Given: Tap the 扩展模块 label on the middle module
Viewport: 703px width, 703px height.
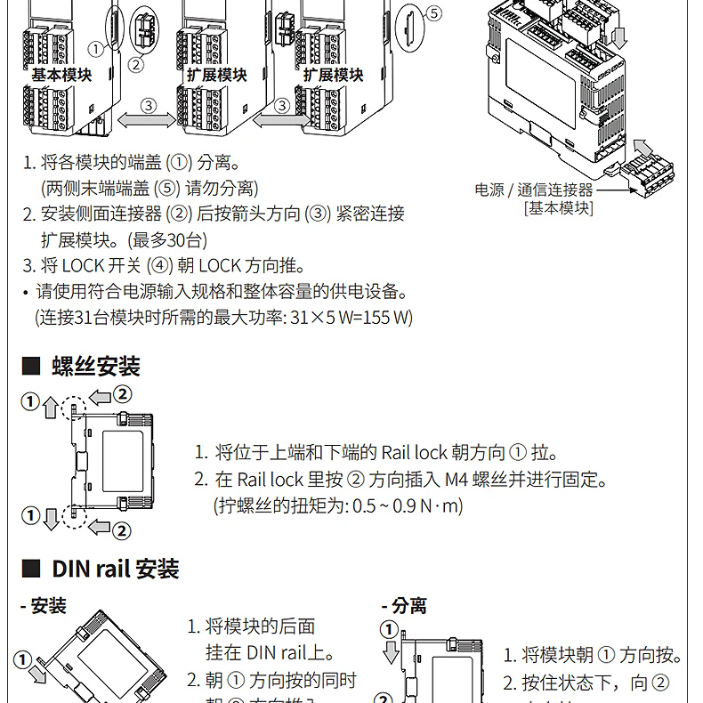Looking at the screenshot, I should [x=217, y=76].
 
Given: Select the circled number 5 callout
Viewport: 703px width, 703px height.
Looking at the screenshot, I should [x=433, y=13].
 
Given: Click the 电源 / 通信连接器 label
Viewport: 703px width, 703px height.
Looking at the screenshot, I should [x=533, y=190].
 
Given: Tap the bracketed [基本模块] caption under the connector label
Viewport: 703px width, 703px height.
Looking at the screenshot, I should [x=558, y=208].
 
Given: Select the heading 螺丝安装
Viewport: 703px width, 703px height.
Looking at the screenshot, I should [x=96, y=366].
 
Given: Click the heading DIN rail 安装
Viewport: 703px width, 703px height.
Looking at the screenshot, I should [x=116, y=568].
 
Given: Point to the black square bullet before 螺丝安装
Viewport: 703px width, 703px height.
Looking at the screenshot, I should [x=31, y=367].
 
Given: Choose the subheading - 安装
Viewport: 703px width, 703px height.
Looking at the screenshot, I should [x=44, y=606].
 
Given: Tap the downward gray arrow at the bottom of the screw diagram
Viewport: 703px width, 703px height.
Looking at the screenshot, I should [x=51, y=517].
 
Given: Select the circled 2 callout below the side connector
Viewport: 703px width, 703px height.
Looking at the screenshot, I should [x=135, y=63].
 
